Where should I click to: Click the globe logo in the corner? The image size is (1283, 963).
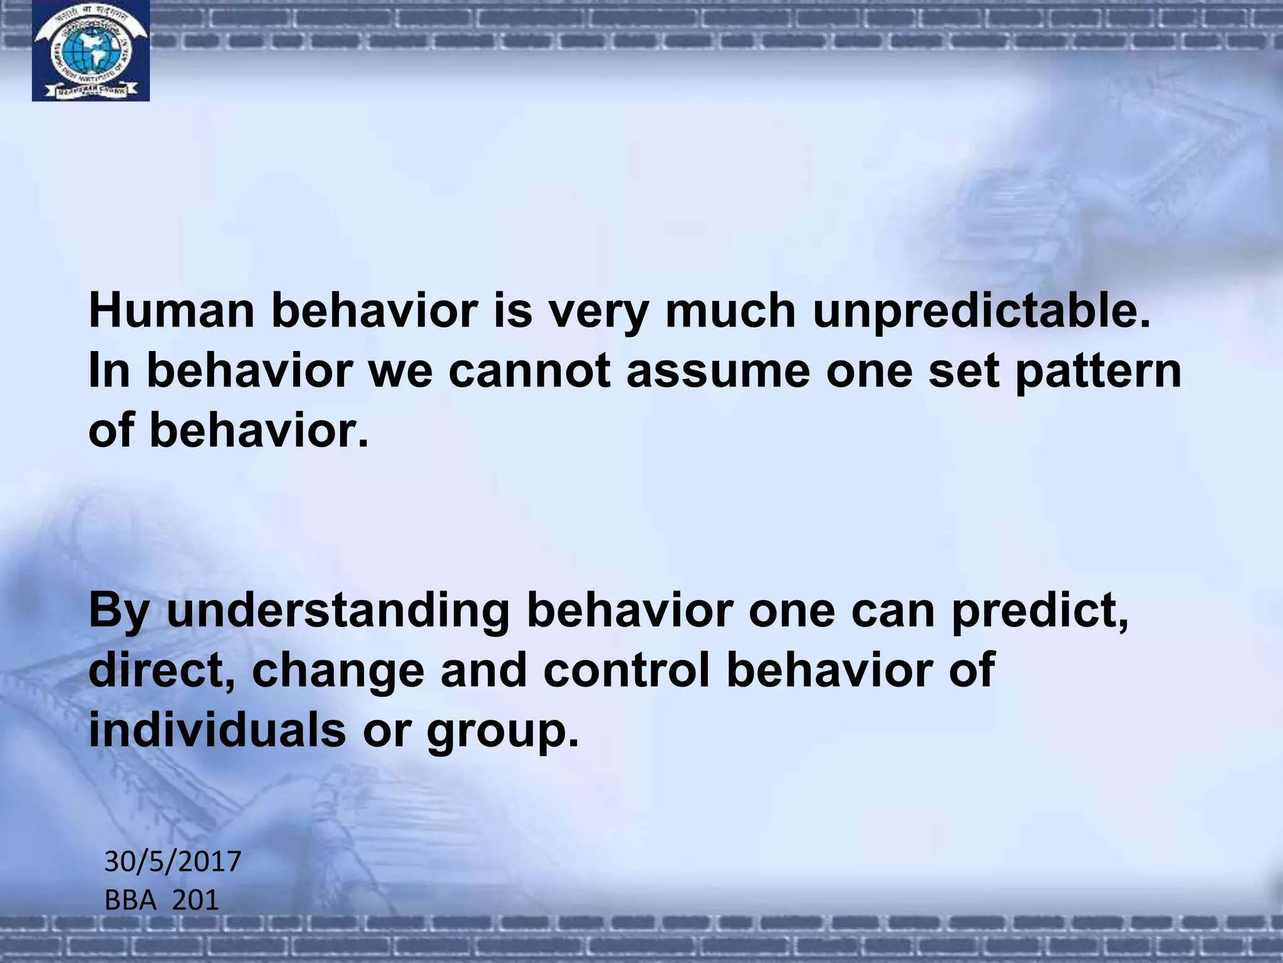click(90, 51)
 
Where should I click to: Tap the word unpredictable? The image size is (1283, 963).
click(982, 312)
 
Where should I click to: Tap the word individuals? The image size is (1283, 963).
click(217, 730)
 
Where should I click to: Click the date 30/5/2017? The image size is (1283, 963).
click(172, 861)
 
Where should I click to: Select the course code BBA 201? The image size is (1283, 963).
click(161, 900)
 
